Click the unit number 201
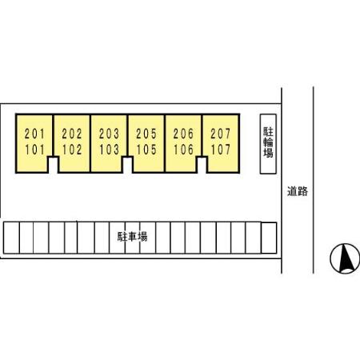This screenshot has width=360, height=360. (x=34, y=134)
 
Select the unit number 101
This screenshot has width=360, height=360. (x=34, y=150)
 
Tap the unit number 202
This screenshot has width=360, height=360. (x=72, y=134)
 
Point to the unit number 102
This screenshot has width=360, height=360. (x=72, y=150)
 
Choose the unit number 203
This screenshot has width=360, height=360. (x=109, y=134)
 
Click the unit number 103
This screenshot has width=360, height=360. (x=109, y=150)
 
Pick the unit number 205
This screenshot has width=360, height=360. (x=146, y=134)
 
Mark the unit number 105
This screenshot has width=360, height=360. (x=146, y=150)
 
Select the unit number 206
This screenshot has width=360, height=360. (x=183, y=134)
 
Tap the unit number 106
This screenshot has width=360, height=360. (x=183, y=150)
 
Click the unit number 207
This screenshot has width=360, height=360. (x=221, y=134)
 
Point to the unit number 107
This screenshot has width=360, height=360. (x=221, y=150)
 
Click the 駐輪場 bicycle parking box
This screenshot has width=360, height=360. (x=268, y=144)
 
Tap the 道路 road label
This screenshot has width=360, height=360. (x=298, y=191)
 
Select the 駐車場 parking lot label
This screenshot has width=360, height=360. (x=132, y=237)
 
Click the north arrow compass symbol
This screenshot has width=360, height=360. (x=345, y=258)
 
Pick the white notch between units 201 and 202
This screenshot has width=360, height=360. (x=53, y=166)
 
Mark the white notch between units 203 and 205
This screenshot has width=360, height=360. (x=127, y=166)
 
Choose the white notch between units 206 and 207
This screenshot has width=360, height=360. (x=202, y=166)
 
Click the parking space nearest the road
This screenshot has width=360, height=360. (x=269, y=238)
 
